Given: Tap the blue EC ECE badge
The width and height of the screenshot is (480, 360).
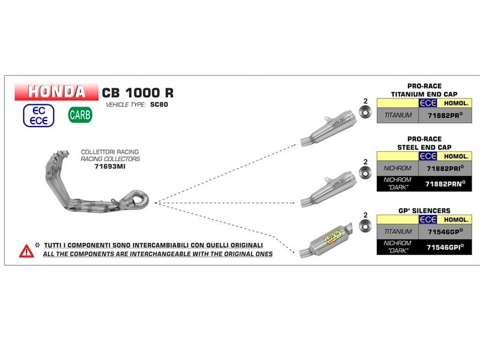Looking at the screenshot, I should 38,115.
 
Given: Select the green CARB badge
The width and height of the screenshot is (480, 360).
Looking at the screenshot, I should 80,114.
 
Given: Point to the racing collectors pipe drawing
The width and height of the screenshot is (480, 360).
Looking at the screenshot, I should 96,187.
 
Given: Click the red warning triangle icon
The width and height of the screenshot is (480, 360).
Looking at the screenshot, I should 26,250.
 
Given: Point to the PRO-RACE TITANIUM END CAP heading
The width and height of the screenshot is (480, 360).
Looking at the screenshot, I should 424,91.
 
